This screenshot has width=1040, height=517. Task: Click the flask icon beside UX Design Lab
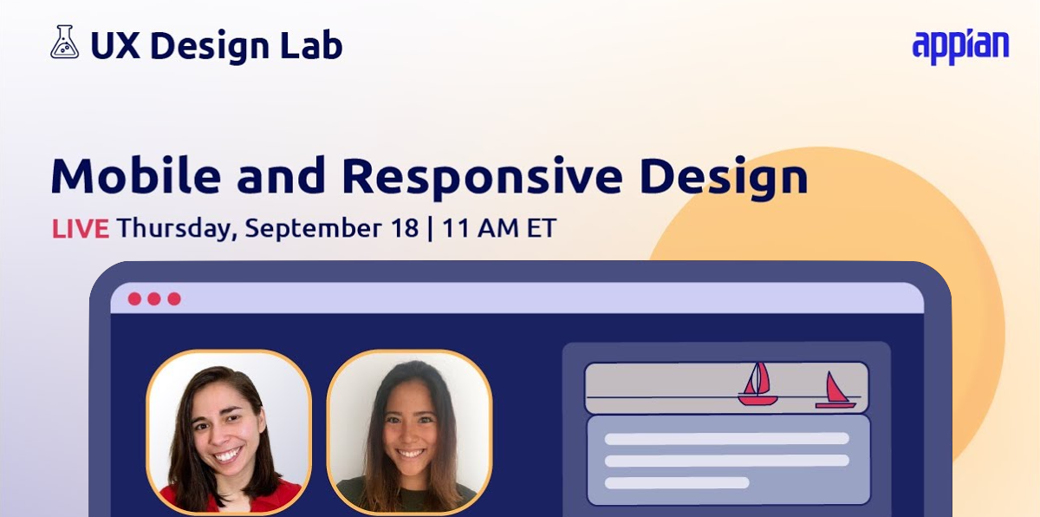[64, 42]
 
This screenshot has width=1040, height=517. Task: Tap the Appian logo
[960, 48]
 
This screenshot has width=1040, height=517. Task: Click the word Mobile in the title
[135, 175]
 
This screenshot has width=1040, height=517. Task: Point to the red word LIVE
[81, 228]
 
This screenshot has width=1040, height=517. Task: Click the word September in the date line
[314, 229]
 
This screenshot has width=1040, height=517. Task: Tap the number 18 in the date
[405, 228]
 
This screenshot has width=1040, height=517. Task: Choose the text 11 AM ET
[499, 228]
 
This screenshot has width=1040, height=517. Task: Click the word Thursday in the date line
[177, 228]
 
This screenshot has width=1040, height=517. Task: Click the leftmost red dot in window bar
[134, 298]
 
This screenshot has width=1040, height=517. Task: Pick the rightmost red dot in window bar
[174, 298]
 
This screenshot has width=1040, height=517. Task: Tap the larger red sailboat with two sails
[757, 384]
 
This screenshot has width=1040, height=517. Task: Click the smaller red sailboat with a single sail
[835, 391]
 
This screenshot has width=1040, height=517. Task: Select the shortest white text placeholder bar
[677, 482]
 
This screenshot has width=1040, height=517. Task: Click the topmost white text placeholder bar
[726, 439]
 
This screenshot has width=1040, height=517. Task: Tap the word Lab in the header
[311, 45]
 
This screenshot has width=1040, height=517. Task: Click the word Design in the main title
[724, 179]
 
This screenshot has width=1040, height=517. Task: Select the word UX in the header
[115, 45]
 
